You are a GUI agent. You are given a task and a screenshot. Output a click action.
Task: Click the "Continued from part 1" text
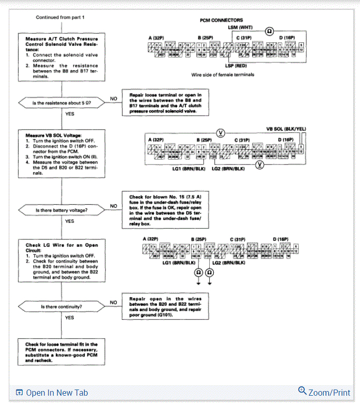(x=60, y=18)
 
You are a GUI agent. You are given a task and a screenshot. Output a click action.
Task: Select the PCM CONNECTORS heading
(x=222, y=20)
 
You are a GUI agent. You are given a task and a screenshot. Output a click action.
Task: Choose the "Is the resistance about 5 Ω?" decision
(x=61, y=103)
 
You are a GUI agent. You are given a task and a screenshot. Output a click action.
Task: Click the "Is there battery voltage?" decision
(x=61, y=210)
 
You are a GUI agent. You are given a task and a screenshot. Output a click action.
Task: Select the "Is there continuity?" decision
(x=61, y=307)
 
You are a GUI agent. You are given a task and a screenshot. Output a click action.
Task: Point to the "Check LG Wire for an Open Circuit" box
(x=61, y=261)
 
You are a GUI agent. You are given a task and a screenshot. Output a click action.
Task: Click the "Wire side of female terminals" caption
(x=223, y=75)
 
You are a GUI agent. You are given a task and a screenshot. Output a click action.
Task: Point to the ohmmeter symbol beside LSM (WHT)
(x=269, y=31)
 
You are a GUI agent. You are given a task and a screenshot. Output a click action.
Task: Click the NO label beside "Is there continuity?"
(x=113, y=302)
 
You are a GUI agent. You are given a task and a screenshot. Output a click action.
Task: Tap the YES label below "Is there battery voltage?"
(x=70, y=221)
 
